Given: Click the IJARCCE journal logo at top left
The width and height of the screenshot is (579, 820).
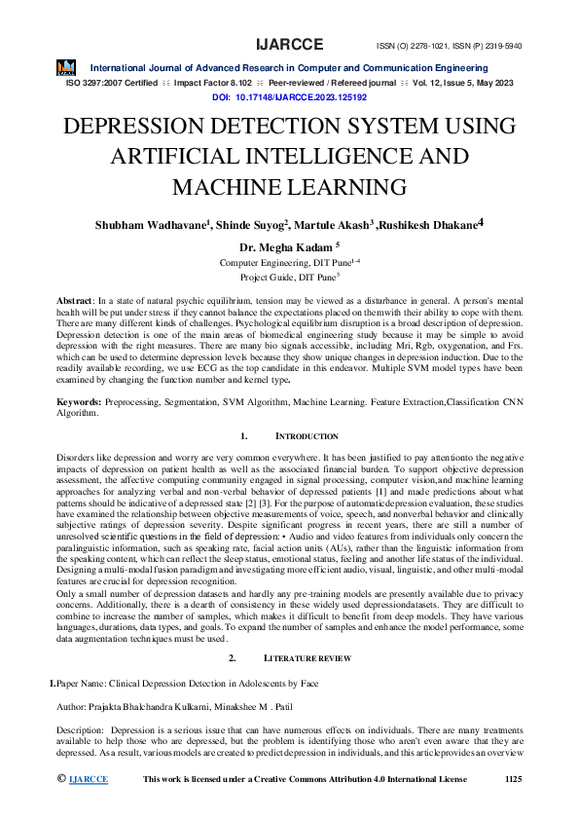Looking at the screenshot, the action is [x=66, y=67].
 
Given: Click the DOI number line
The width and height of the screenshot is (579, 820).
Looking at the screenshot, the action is [x=289, y=97].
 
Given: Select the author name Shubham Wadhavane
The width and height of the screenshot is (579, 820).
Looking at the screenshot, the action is [x=150, y=225].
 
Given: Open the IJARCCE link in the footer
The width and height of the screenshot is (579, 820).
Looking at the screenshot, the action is [x=89, y=779].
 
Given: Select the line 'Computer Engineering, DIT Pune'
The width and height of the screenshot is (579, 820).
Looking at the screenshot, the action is [x=286, y=264].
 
